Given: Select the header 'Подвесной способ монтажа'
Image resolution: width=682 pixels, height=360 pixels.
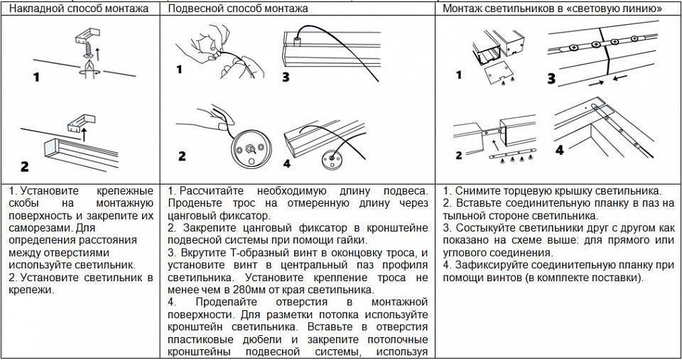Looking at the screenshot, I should point(238,9).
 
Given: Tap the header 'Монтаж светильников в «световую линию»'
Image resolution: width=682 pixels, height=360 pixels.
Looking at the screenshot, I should point(553,9).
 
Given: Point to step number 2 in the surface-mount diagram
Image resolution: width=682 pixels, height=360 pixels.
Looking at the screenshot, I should point(25,168).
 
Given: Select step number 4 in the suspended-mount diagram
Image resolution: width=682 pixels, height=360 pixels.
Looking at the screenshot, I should point(286,164).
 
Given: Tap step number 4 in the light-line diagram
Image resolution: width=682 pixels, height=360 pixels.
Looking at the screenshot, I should point(559,151).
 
